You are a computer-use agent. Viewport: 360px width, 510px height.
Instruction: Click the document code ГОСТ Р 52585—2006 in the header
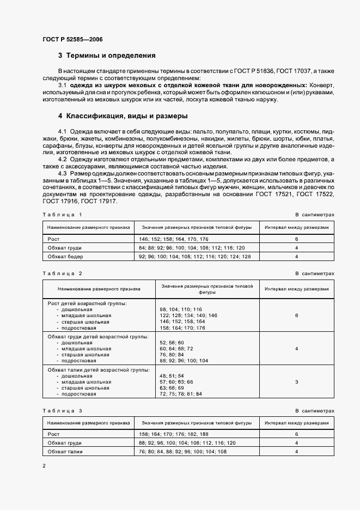click(x=72, y=40)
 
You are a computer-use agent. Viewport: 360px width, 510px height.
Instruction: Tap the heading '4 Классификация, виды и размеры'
click(x=123, y=116)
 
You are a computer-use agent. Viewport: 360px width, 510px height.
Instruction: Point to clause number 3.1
click(x=62, y=86)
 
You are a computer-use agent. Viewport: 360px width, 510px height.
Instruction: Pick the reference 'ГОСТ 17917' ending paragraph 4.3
click(x=99, y=202)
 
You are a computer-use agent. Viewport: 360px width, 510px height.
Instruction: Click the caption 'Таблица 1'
click(x=62, y=215)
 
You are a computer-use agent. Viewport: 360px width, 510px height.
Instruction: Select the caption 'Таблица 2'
click(x=62, y=274)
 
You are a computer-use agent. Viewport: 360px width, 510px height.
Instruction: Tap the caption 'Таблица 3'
click(x=62, y=410)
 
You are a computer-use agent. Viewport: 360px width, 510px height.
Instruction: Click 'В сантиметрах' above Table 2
click(x=315, y=274)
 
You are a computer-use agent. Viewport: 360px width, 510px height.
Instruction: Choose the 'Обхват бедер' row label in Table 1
click(x=66, y=256)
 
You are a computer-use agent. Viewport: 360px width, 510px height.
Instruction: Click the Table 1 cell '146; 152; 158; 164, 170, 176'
click(x=170, y=239)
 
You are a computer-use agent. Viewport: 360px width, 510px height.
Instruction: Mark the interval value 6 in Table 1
click(x=296, y=239)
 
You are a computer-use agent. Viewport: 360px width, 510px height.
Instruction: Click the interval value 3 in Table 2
click(x=296, y=382)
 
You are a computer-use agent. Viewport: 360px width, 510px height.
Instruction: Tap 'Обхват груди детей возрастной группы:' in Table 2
click(x=98, y=337)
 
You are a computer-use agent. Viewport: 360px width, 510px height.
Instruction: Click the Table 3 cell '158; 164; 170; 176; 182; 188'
click(x=173, y=434)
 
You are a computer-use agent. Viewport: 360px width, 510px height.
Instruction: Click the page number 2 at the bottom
click(x=44, y=466)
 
